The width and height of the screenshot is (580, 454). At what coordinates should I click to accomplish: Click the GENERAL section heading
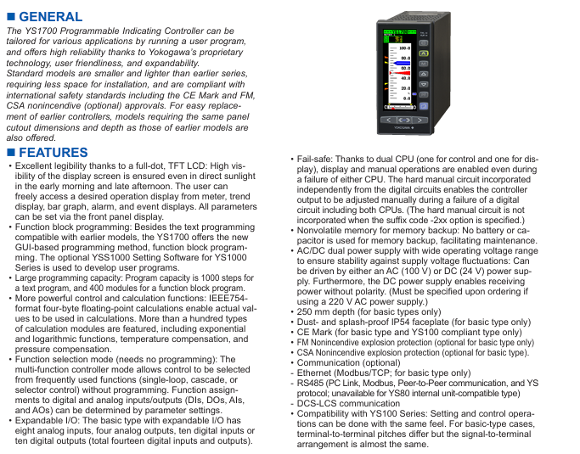50,17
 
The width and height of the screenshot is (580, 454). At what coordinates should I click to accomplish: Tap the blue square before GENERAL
10,17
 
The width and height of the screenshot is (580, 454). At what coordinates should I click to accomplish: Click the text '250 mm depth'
328,313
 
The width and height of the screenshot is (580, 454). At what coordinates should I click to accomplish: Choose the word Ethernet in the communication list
315,372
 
